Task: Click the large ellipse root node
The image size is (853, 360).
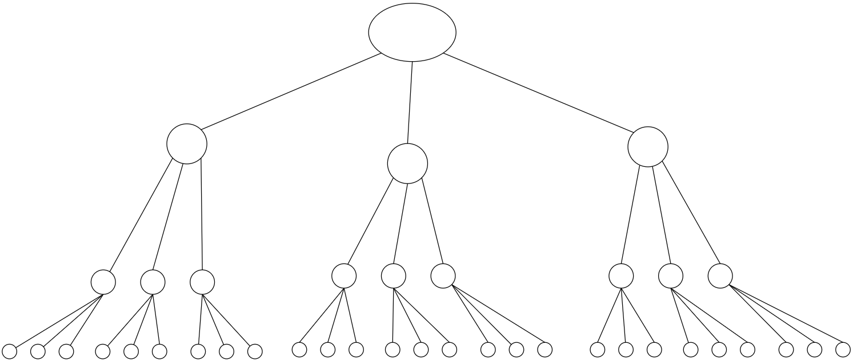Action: coord(412,32)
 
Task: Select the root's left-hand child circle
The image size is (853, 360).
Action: coord(186,143)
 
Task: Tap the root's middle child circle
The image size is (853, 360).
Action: coord(407,163)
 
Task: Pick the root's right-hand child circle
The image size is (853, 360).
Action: coord(647,147)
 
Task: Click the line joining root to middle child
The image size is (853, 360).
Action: coord(410,102)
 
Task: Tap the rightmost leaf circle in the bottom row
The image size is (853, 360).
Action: coord(843,349)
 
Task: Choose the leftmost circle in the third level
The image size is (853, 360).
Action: coord(103,281)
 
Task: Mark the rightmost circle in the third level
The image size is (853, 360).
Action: coord(720,276)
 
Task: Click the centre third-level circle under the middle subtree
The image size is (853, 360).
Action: coord(393,276)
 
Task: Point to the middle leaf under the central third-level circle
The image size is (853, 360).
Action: coord(421,349)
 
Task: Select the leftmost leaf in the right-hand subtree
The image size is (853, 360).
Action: coord(597,349)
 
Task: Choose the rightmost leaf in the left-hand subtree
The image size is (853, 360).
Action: coord(255,351)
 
